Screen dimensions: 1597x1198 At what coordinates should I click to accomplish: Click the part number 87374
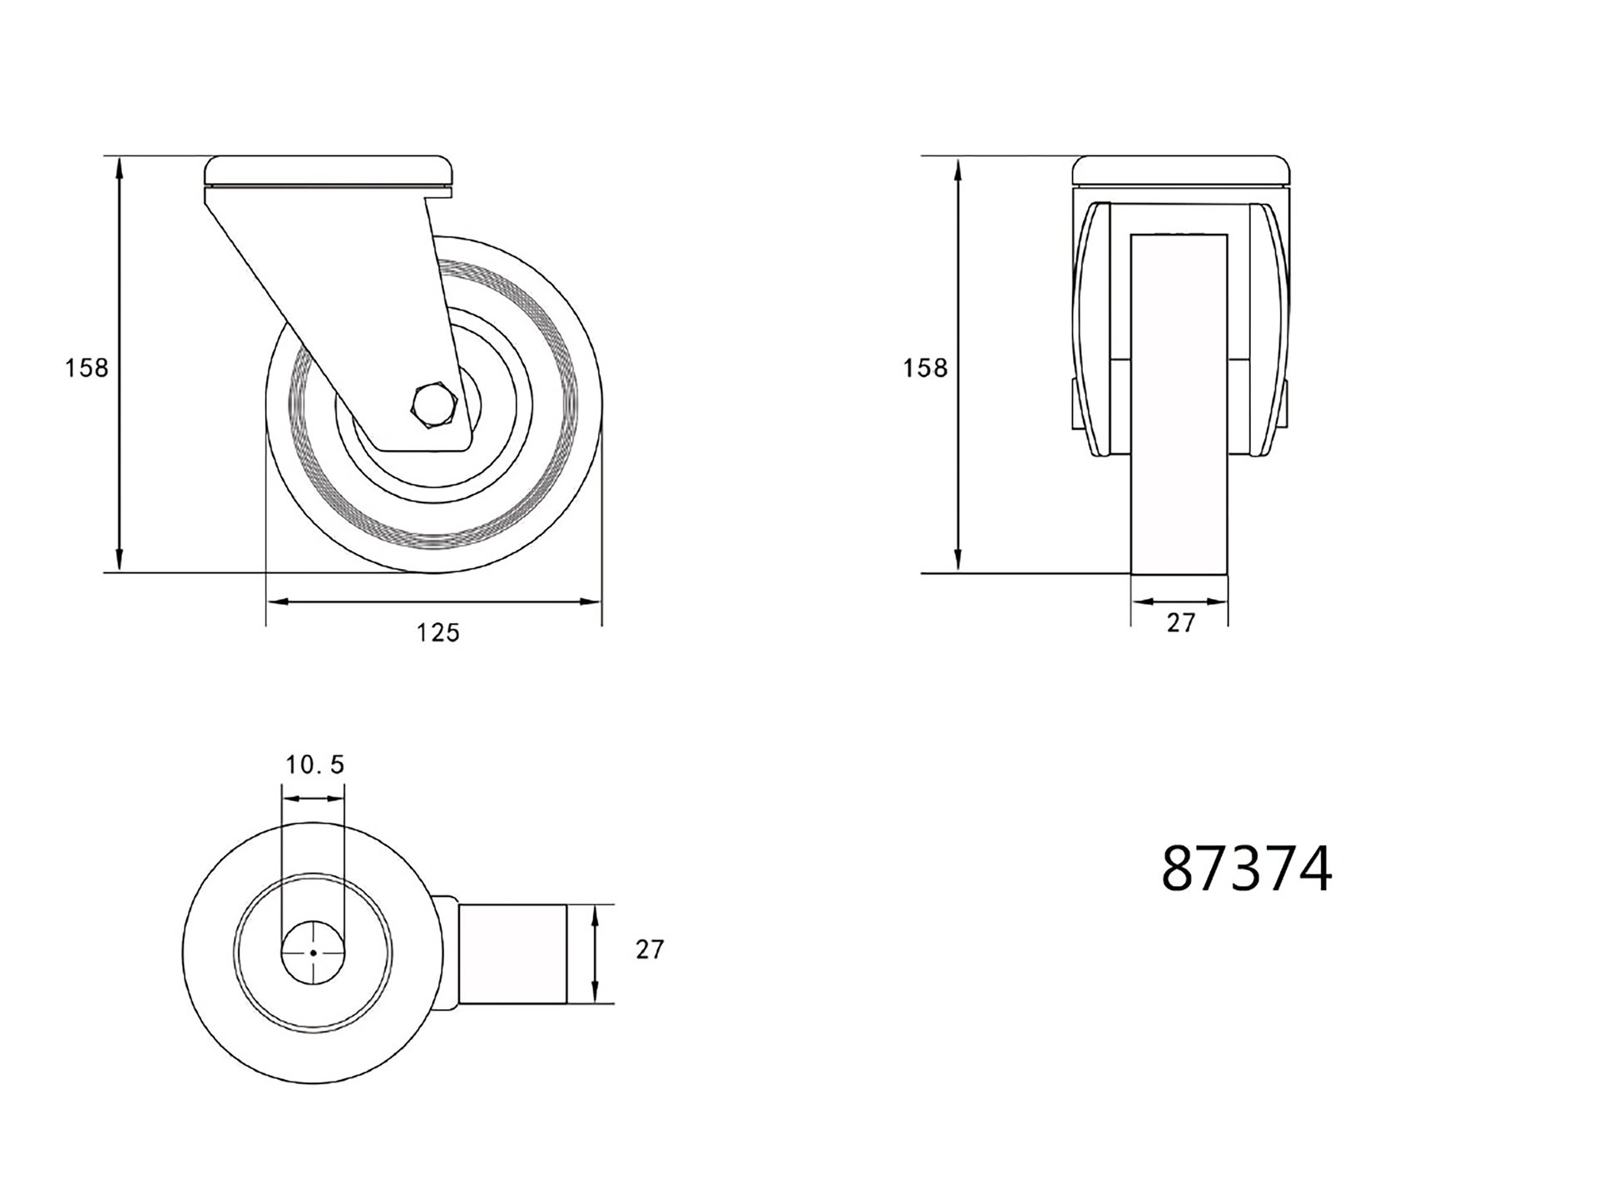pyautogui.click(x=1246, y=869)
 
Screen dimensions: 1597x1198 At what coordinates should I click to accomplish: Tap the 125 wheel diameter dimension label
pyautogui.click(x=438, y=633)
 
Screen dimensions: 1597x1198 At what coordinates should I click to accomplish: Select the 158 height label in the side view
pyautogui.click(x=87, y=368)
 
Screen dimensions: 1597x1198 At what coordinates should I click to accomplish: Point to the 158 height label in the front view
pyautogui.click(x=925, y=368)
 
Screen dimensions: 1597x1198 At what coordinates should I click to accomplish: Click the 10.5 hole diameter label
pyautogui.click(x=314, y=765)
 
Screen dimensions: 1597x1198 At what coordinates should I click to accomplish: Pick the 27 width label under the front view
pyautogui.click(x=1180, y=622)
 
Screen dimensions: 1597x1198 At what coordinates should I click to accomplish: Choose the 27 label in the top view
pyautogui.click(x=650, y=949)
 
